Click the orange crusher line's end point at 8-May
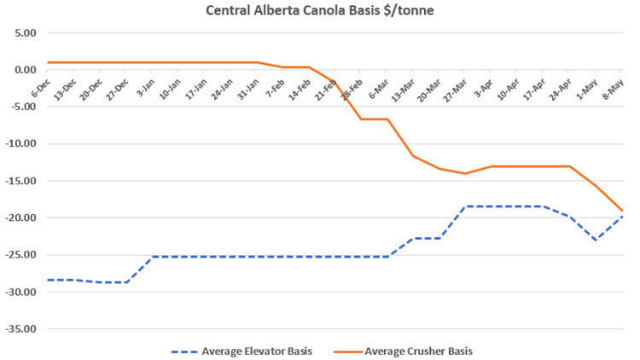(x=622, y=211)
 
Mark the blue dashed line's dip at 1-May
(x=596, y=240)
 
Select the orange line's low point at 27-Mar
(x=465, y=173)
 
